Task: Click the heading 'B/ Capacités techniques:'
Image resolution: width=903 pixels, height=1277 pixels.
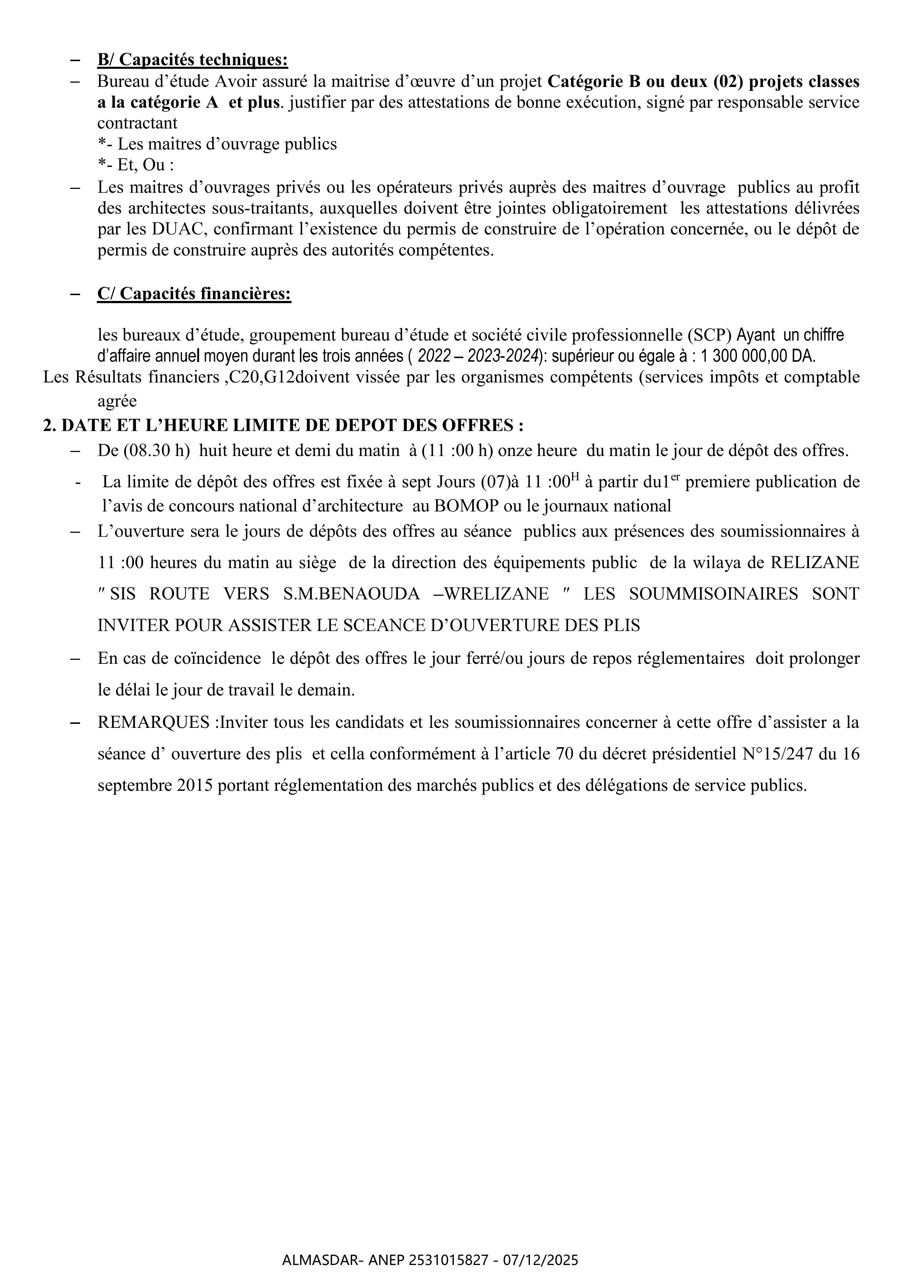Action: coord(193,60)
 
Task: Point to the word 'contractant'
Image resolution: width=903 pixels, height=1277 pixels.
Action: coord(138,123)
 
